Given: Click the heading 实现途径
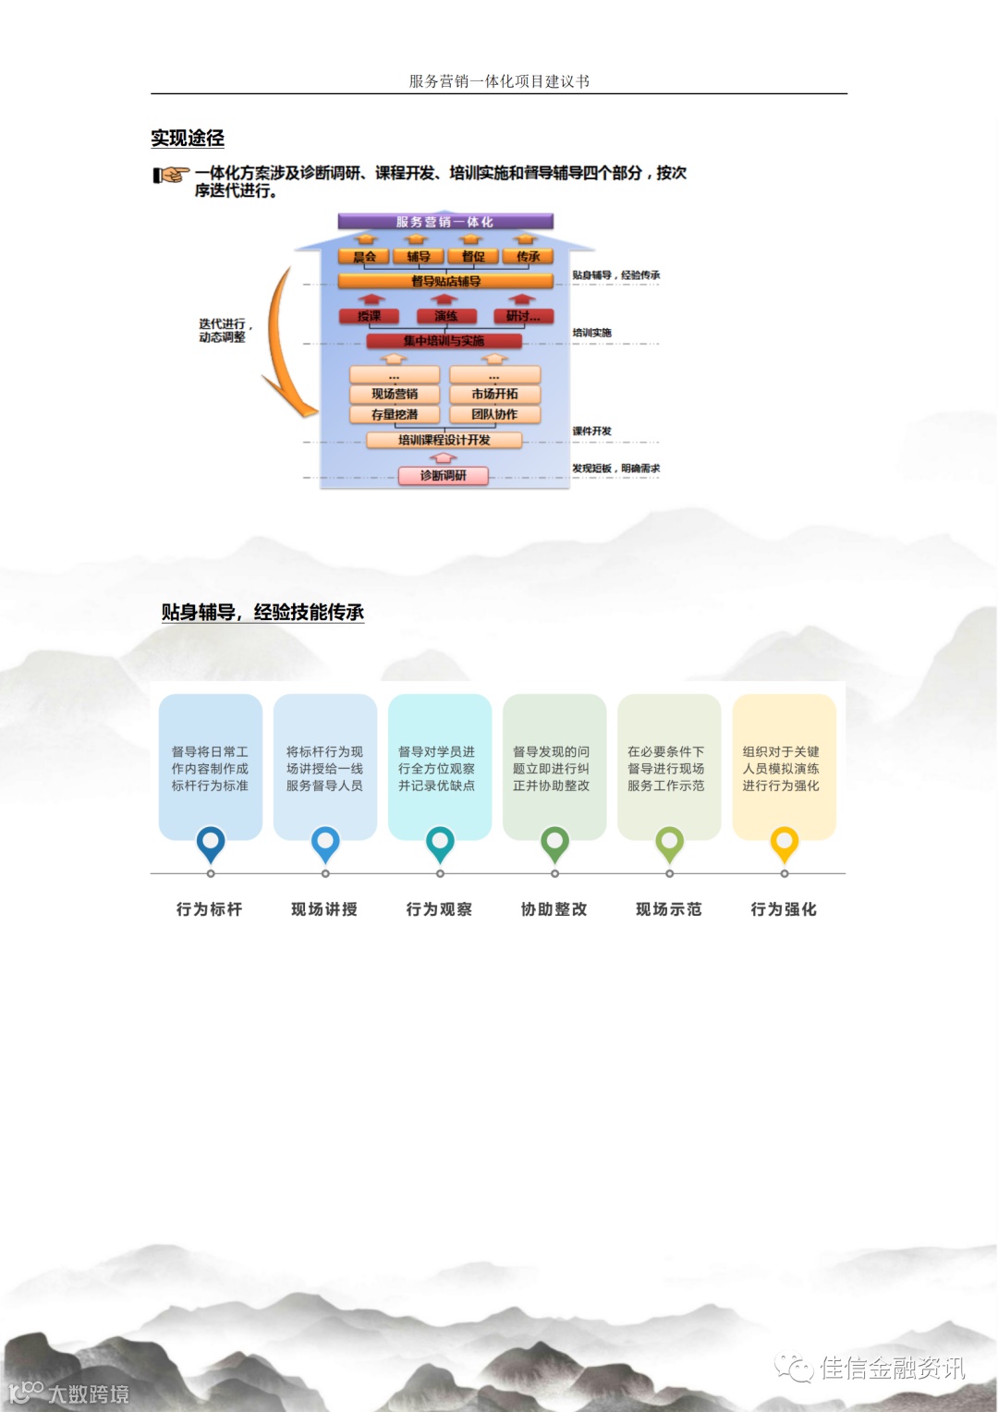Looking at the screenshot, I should (x=188, y=139).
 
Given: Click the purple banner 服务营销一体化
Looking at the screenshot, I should (x=444, y=222).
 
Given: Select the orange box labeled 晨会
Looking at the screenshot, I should (x=365, y=257).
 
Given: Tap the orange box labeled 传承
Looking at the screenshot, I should (x=529, y=257).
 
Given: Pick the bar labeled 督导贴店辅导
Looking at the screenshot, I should (x=445, y=281).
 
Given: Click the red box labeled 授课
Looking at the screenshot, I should (x=370, y=316).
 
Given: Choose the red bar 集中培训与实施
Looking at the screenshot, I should (x=444, y=341).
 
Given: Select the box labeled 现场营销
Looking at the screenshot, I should (x=395, y=394).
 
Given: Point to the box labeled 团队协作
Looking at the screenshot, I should (x=494, y=415).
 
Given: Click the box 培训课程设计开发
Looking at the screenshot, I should (x=444, y=440).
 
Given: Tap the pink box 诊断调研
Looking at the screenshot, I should (x=443, y=476).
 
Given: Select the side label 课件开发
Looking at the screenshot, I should (x=591, y=432).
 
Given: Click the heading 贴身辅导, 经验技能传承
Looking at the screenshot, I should (x=262, y=613).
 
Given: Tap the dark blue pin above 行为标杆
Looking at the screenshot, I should (x=211, y=842).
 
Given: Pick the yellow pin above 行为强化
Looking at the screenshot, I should (x=785, y=842).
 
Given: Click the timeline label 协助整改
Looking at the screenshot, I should (x=554, y=909).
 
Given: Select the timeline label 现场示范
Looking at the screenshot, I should (x=669, y=909).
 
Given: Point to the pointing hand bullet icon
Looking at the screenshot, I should (x=171, y=175).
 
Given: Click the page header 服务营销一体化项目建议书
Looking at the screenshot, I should (x=499, y=81).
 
